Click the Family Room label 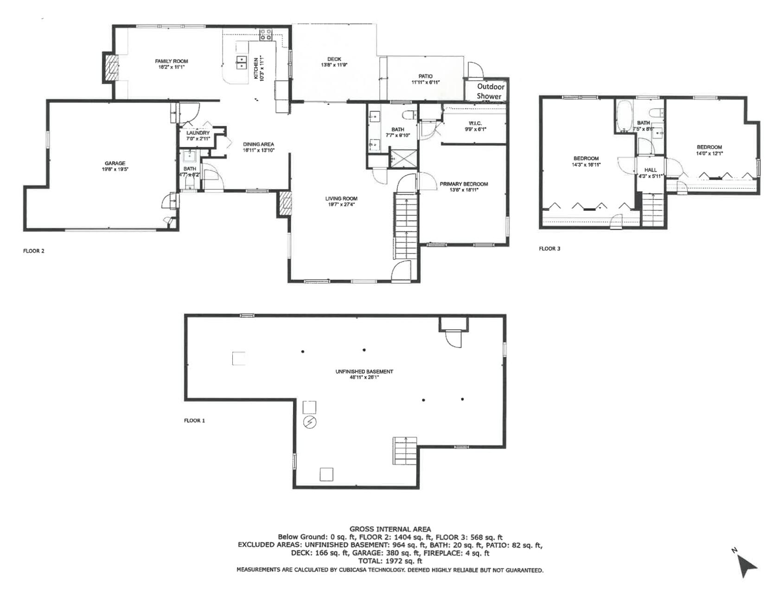click(171, 64)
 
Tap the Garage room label click(115, 166)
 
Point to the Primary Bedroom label click(464, 186)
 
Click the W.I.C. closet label click(475, 126)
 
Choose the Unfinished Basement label click(364, 374)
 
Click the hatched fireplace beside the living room click(285, 204)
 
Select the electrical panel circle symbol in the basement click(310, 422)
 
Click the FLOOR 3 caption click(549, 249)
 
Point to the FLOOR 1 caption click(194, 421)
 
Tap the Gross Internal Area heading click(390, 529)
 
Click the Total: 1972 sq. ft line click(390, 561)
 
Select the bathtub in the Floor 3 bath click(625, 116)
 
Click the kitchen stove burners click(266, 35)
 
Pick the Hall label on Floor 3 click(650, 170)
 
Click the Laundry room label click(198, 135)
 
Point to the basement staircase click(405, 450)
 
